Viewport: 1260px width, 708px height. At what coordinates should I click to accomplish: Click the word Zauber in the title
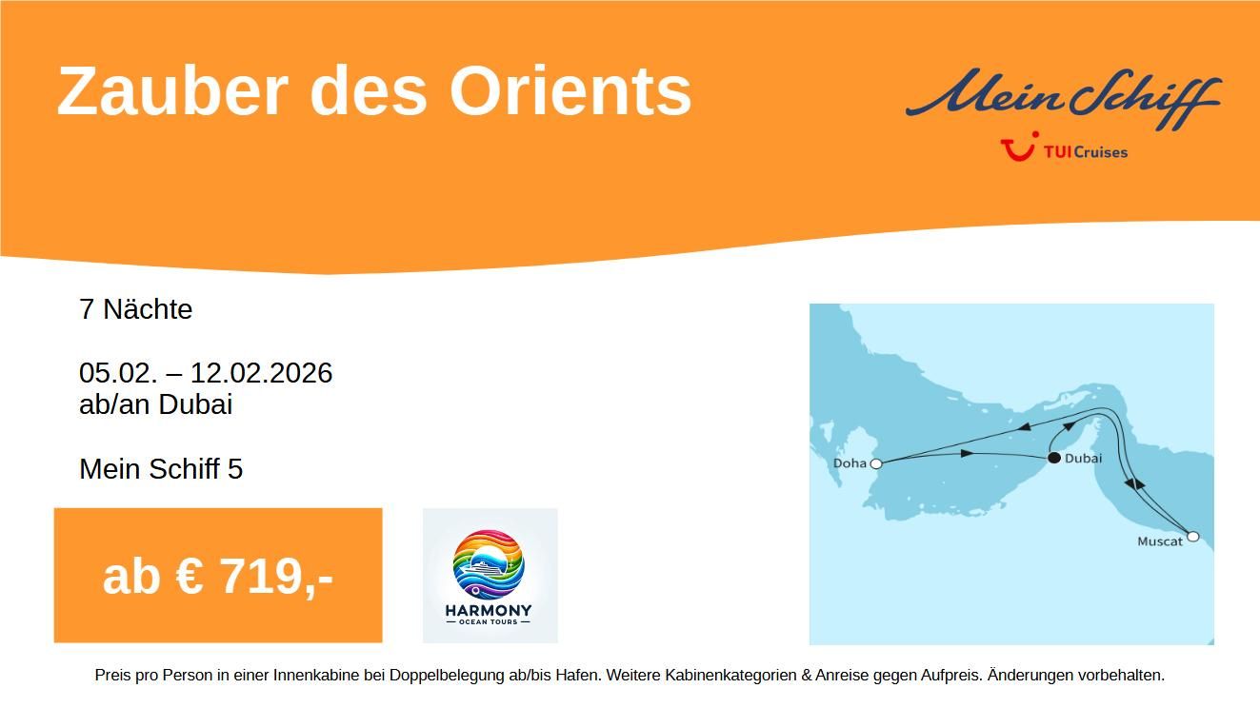(x=172, y=91)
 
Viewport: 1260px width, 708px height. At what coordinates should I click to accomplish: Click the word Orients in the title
(x=570, y=91)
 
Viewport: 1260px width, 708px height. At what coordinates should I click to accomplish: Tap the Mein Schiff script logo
(x=1063, y=98)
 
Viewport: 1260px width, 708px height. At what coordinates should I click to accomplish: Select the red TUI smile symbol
(x=1019, y=147)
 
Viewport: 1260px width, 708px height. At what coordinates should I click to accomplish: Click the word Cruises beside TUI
(x=1101, y=152)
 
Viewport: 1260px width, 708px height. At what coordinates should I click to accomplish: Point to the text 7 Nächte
(x=135, y=309)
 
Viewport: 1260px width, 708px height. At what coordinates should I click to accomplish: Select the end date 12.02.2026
(x=262, y=373)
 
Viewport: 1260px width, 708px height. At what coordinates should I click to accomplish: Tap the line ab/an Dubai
(x=156, y=404)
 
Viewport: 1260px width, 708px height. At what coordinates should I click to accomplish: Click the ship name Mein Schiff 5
(x=161, y=468)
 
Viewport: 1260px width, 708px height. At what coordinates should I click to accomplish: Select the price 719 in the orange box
(x=259, y=577)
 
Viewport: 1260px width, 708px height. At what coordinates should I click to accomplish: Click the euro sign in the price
(x=189, y=577)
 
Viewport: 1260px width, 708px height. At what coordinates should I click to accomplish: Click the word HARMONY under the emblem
(x=489, y=610)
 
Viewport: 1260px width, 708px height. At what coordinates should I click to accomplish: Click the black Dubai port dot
(x=1054, y=458)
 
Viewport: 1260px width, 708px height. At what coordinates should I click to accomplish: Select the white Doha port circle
(x=876, y=464)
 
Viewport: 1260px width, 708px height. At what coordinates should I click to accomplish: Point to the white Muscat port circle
(x=1192, y=536)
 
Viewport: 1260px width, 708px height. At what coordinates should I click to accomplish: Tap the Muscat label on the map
(x=1160, y=541)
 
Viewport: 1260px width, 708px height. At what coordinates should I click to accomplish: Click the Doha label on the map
(x=850, y=463)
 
